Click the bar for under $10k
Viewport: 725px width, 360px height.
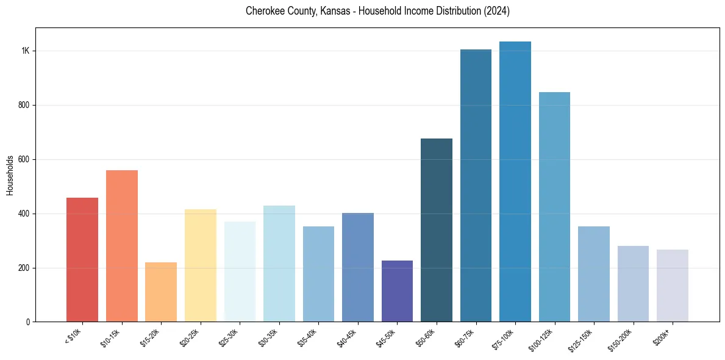(82, 260)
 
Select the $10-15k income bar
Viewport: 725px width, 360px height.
(121, 246)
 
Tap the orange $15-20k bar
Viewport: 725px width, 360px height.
(161, 292)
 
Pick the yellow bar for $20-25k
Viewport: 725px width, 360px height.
(200, 265)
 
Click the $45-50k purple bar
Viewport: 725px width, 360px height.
(397, 291)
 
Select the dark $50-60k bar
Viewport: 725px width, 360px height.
(437, 230)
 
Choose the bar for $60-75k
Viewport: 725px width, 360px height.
(476, 185)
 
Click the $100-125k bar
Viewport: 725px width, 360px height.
(554, 207)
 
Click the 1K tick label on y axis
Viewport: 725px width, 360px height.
(26, 51)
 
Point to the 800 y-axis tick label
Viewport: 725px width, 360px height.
(24, 105)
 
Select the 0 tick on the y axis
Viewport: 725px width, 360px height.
(28, 322)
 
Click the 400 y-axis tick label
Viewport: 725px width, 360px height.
(24, 214)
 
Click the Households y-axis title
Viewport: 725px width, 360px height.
(10, 175)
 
